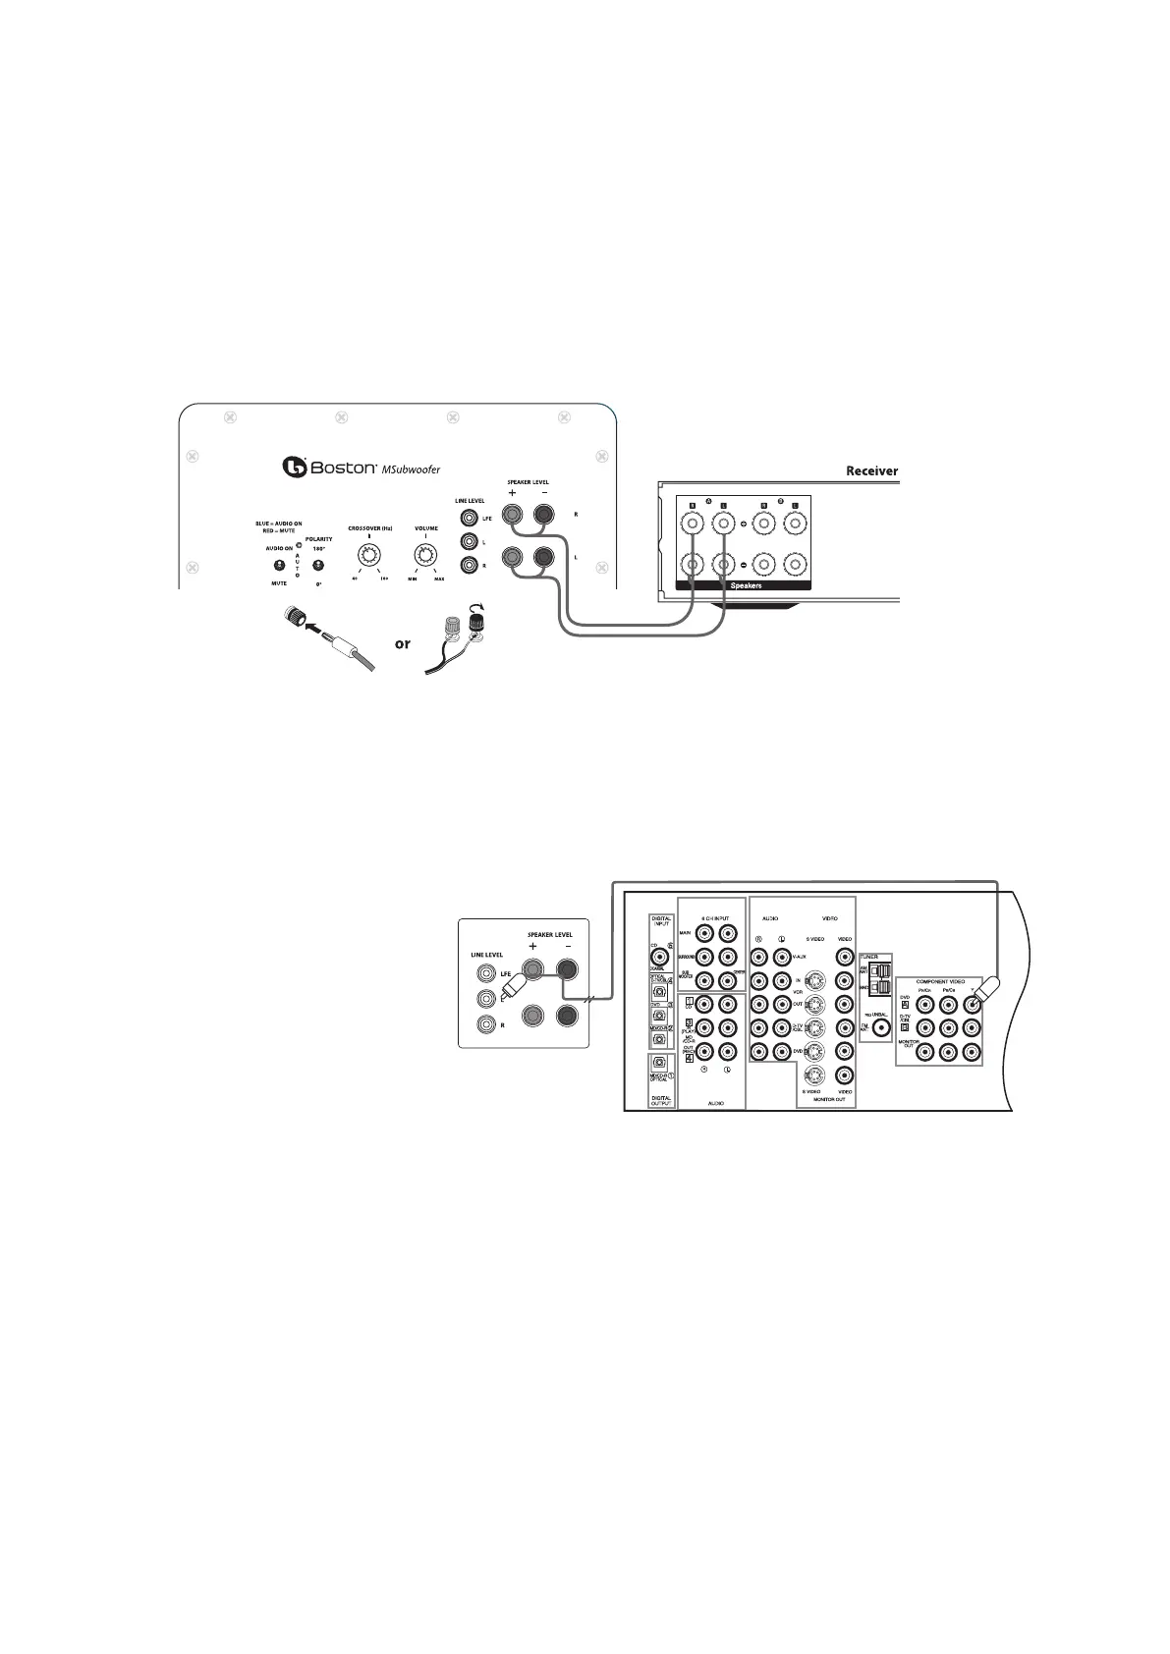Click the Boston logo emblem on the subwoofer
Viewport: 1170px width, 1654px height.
(295, 467)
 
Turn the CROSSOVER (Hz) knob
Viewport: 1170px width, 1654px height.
(370, 557)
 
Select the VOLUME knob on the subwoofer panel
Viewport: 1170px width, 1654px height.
(425, 557)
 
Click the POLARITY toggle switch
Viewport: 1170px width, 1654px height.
(317, 565)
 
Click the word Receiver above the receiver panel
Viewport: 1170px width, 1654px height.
(871, 471)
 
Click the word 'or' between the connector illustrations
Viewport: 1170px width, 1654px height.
(403, 644)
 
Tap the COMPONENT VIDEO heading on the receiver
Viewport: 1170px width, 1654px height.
(940, 981)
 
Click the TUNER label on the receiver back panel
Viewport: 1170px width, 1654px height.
(868, 956)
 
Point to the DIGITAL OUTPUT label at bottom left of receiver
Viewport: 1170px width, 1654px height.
(661, 1100)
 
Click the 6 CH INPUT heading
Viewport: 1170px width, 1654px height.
(715, 918)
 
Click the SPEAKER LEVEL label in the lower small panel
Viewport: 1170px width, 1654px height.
(550, 934)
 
